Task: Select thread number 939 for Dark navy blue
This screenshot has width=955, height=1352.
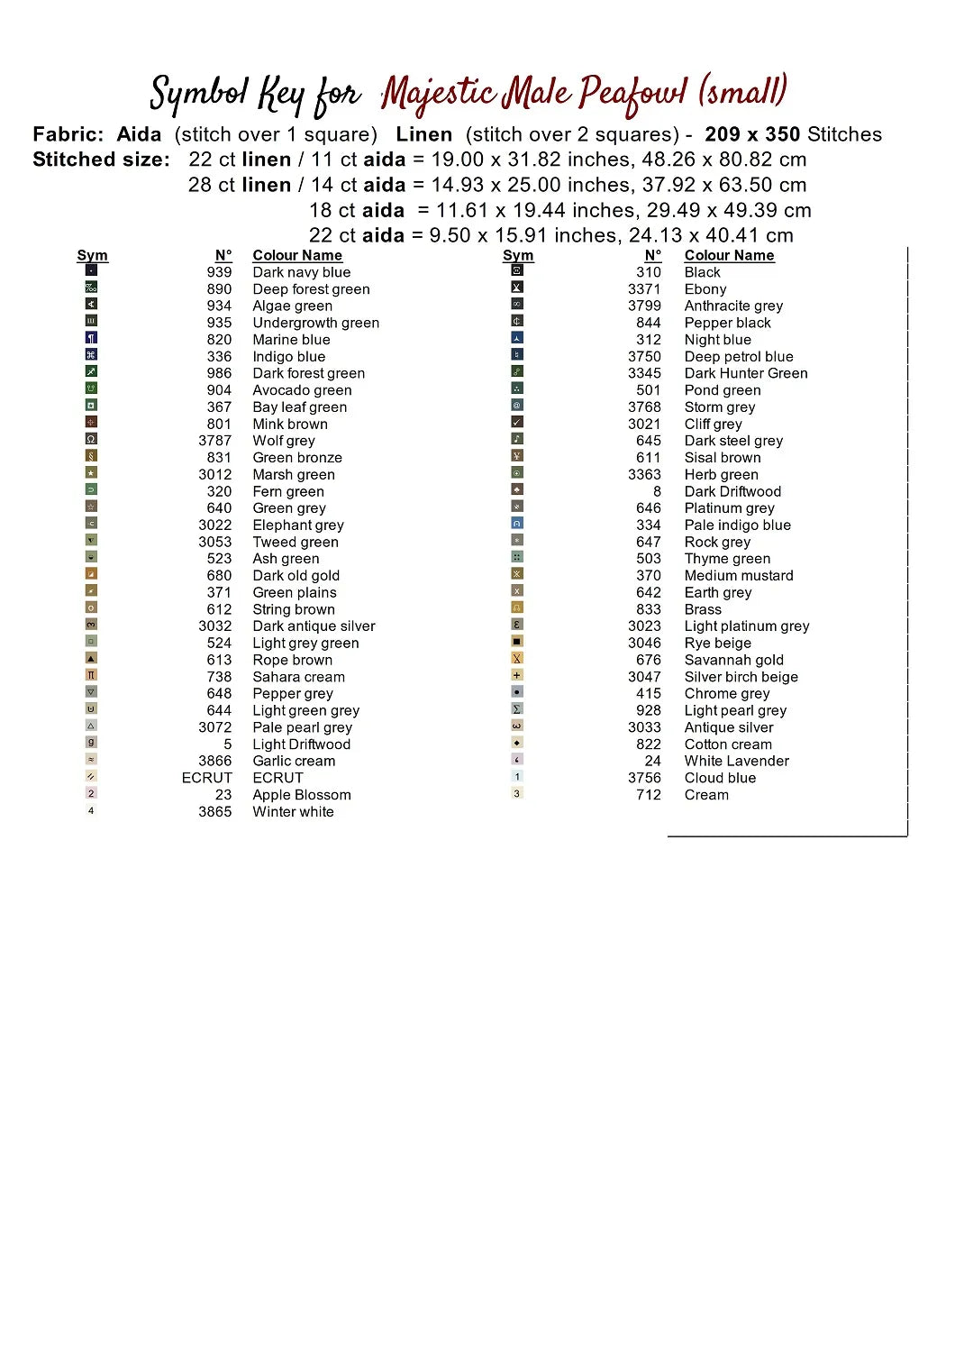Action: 219,272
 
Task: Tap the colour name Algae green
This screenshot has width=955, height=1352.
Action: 292,306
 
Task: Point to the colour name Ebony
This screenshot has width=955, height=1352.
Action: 705,289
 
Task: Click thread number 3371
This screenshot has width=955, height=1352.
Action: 644,289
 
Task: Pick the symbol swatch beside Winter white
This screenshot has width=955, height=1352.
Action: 91,810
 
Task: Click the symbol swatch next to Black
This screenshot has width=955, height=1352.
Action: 517,270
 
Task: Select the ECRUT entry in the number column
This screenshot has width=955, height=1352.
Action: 206,778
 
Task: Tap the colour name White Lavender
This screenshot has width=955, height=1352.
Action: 736,761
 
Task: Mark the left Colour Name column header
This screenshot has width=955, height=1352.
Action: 297,256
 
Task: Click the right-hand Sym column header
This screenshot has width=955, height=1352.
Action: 518,256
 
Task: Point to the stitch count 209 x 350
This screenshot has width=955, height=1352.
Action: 752,134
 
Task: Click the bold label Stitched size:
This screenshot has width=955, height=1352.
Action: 101,160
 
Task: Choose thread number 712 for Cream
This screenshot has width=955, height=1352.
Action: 648,795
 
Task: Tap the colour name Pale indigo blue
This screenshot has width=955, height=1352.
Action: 737,525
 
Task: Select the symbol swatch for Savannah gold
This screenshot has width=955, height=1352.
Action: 517,658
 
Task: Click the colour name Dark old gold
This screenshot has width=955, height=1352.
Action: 296,576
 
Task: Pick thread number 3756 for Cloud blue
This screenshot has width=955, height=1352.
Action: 644,778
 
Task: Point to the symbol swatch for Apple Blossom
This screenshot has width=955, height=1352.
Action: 91,793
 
